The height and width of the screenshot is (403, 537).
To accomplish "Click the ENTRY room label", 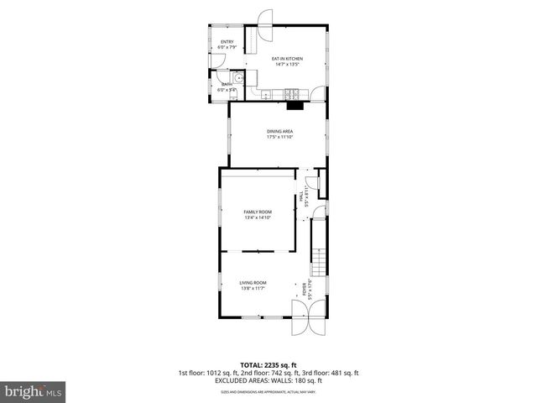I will pos(227,42).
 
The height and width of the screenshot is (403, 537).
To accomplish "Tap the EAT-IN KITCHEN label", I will pos(287,58).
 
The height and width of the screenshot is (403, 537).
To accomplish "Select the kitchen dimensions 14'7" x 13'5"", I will pos(287,64).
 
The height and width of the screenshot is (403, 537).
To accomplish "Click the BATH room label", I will pos(227,85).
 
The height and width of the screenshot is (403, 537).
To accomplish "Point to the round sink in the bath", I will pos(238,79).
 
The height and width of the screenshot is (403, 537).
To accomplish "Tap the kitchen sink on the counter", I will pos(267,93).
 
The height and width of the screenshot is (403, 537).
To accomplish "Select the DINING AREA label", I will pos(279,132).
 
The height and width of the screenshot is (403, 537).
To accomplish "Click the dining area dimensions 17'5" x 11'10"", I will pos(279,138).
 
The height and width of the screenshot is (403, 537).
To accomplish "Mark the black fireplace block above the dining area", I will pos(294,105).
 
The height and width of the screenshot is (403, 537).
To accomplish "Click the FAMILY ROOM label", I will pos(258,212).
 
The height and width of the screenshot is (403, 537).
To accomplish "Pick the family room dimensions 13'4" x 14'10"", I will pos(258,217).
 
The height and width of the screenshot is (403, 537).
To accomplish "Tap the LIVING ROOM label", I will pos(253,283).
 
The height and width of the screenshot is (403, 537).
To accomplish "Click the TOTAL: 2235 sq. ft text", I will pos(268,364).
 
